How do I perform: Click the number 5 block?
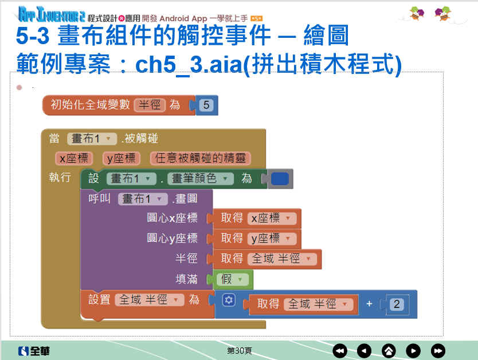[206, 105]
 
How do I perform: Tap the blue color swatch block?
[279, 179]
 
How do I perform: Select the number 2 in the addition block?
[396, 304]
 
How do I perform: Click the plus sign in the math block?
[369, 304]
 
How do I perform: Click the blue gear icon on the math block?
[229, 300]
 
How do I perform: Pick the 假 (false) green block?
[232, 279]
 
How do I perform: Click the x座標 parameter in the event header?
[74, 158]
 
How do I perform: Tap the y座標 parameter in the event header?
[121, 158]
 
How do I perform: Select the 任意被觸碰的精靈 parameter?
[200, 158]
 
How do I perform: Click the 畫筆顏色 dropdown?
[200, 179]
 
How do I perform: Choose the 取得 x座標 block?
[256, 218]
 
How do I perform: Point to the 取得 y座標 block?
[256, 238]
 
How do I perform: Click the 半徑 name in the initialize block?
[150, 105]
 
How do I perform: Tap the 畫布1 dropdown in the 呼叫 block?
[143, 199]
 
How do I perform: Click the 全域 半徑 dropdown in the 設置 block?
[149, 300]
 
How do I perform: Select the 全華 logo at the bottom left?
[34, 351]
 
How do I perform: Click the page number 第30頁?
[240, 351]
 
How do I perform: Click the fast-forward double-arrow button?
[438, 351]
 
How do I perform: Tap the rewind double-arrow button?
[340, 351]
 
